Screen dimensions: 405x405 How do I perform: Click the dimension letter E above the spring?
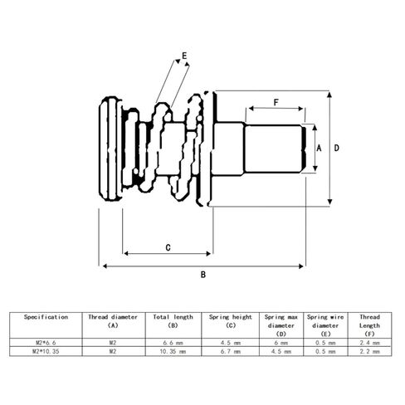pos(184,56)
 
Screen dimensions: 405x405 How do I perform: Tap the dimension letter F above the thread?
pos(276,103)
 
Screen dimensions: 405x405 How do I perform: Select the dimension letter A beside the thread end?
pos(319,149)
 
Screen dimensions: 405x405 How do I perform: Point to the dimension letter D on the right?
pos(336,149)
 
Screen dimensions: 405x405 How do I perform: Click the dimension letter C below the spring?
pos(168,247)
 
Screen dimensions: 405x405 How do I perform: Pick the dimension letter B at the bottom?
pos(203,275)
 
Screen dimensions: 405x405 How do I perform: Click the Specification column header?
pos(46,317)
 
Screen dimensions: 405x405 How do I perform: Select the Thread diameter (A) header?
pos(113,321)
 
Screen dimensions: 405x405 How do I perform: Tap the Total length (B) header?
pos(173,321)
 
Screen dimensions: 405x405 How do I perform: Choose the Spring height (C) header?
pos(231,321)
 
